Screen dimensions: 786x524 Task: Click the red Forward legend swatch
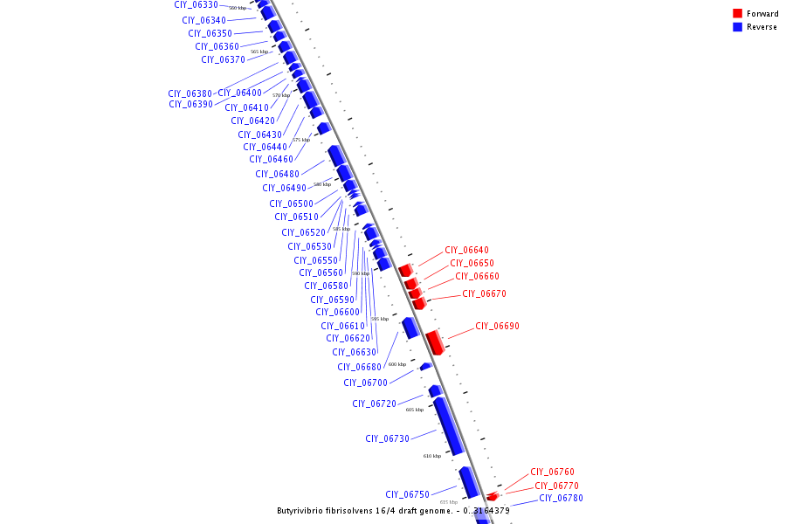[x=737, y=13]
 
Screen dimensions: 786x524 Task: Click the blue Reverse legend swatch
[x=737, y=27]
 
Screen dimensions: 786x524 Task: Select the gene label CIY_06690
[x=497, y=326]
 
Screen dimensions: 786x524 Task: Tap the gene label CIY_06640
[x=466, y=250]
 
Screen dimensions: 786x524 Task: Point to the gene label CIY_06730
[x=387, y=438]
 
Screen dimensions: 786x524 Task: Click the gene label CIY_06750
[x=407, y=494]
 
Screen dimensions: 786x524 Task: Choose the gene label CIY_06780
[x=561, y=499]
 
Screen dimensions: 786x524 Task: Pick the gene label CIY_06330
[x=196, y=5]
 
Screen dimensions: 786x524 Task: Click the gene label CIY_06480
[x=277, y=174]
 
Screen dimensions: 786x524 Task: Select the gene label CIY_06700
[x=365, y=383]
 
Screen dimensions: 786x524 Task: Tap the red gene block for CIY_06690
[x=435, y=341]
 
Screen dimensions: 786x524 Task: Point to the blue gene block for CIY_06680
[x=410, y=327]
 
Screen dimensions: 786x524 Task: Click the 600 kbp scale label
[x=397, y=364]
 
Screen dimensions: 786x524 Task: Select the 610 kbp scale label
[x=432, y=456]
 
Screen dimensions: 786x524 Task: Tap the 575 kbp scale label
[x=301, y=140]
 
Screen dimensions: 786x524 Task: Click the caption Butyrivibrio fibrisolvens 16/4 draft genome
[x=366, y=511]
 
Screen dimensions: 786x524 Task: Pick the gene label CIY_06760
[x=552, y=472]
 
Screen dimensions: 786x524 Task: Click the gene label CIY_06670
[x=484, y=293]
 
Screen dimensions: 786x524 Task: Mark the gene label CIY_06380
[x=190, y=93]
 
